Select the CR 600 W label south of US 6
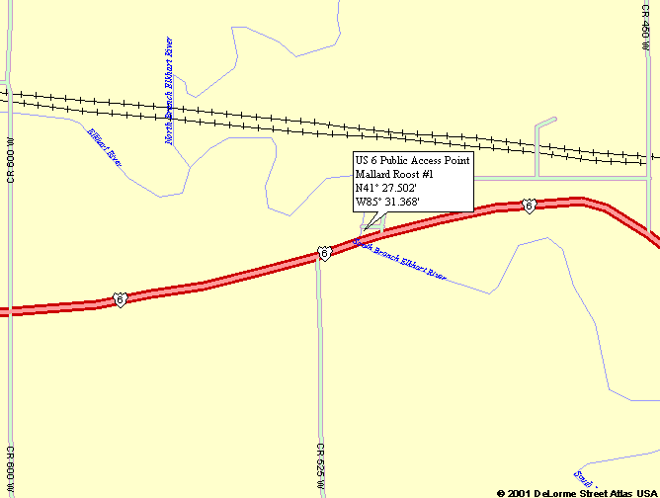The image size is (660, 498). pyautogui.click(x=11, y=469)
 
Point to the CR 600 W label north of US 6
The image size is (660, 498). pyautogui.click(x=11, y=159)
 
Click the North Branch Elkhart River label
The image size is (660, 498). pyautogui.click(x=170, y=92)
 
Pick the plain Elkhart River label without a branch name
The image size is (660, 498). pyautogui.click(x=104, y=146)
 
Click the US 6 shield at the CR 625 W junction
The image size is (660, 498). pyautogui.click(x=323, y=254)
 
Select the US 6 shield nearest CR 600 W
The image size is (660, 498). pyautogui.click(x=120, y=298)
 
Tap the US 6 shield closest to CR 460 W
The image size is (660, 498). pyautogui.click(x=530, y=206)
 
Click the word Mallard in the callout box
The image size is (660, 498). pyautogui.click(x=373, y=174)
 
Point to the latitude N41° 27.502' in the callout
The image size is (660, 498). pyautogui.click(x=386, y=188)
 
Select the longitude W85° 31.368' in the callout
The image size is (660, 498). pyautogui.click(x=387, y=202)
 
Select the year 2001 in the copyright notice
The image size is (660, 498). pyautogui.click(x=521, y=491)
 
